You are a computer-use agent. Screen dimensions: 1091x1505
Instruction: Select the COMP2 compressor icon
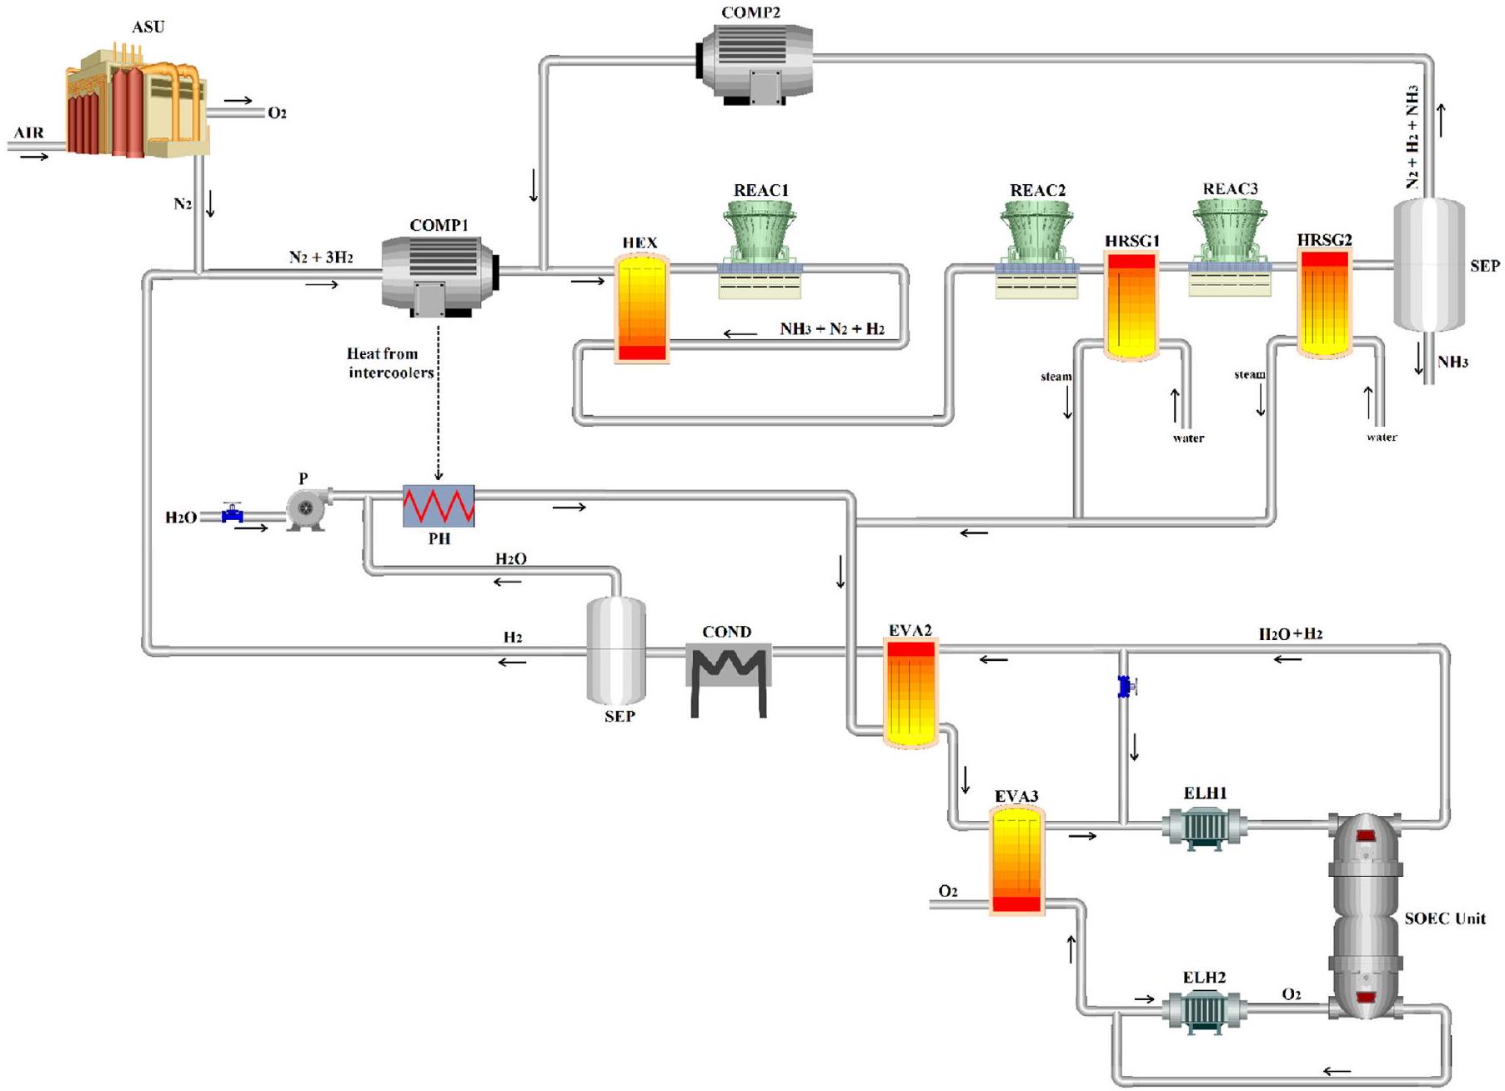click(x=755, y=63)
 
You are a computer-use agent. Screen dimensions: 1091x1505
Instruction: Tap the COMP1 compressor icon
click(x=439, y=275)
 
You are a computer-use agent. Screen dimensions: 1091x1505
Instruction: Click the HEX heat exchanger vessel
click(x=641, y=308)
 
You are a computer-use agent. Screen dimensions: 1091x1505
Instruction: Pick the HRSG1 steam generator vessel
click(x=1131, y=305)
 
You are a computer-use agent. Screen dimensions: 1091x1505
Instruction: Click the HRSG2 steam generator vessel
click(x=1324, y=304)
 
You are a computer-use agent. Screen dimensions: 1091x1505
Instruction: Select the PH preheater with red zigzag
click(x=439, y=506)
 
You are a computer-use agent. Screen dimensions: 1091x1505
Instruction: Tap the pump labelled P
click(x=306, y=508)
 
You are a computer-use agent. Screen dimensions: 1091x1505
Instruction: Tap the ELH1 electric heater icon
click(x=1204, y=828)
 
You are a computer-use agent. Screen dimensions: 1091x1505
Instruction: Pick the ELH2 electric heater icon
click(x=1204, y=1011)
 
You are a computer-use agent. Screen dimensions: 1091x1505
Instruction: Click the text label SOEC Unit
click(x=1444, y=918)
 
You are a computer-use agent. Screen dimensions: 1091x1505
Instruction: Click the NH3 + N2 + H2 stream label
click(x=831, y=329)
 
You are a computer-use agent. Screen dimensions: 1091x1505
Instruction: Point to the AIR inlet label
click(x=28, y=133)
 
